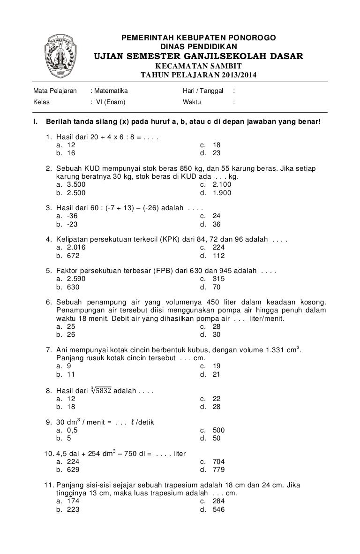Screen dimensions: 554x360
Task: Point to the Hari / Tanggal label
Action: [202, 91]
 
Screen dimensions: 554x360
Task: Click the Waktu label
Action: [192, 101]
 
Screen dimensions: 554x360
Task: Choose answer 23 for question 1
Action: [216, 153]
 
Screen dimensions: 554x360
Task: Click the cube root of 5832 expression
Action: [101, 390]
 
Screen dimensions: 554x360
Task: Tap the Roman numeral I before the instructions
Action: [34, 122]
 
